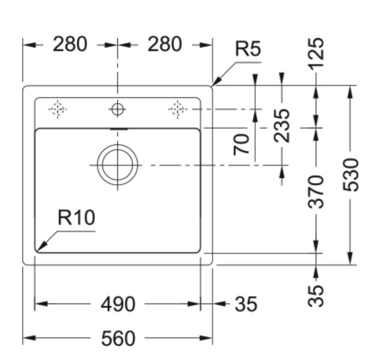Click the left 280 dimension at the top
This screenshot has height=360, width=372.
point(70,44)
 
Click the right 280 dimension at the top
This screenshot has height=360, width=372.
point(164,44)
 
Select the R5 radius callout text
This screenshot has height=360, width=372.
point(248,49)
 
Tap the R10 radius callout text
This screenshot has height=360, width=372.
point(76,218)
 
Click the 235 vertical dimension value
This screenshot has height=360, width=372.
point(282,125)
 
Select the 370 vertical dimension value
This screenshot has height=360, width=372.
point(316,191)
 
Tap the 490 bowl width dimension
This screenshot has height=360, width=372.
point(118,304)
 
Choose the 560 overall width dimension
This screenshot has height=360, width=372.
point(118,339)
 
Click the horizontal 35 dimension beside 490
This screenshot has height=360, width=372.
point(245,304)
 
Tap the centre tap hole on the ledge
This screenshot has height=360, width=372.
point(118,109)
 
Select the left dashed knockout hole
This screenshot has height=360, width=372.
point(58,109)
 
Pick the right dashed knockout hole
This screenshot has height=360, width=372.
point(178,109)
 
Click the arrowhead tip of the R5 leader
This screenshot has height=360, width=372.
point(213,85)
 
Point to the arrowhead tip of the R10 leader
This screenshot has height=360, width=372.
point(37,250)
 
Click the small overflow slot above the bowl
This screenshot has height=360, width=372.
point(118,128)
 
